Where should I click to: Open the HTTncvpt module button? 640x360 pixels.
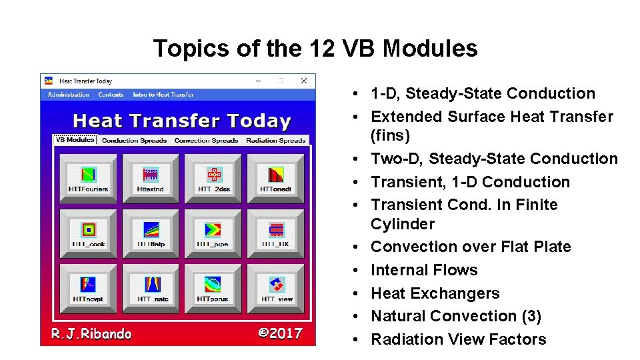pyautogui.click(x=89, y=288)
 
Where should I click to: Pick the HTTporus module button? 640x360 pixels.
pyautogui.click(x=213, y=288)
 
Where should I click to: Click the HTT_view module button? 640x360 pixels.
pyautogui.click(x=275, y=288)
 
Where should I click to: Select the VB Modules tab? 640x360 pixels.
pyautogui.click(x=75, y=140)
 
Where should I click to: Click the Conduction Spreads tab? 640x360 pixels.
pyautogui.click(x=135, y=141)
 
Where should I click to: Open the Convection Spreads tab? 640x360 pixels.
pyautogui.click(x=206, y=141)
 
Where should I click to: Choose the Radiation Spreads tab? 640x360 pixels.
pyautogui.click(x=276, y=141)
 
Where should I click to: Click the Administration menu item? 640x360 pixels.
pyautogui.click(x=69, y=95)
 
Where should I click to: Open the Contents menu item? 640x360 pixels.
pyautogui.click(x=111, y=95)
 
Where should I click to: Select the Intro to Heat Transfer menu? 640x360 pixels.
pyautogui.click(x=163, y=95)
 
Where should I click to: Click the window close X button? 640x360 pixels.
pyautogui.click(x=304, y=81)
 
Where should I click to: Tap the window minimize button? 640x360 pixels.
pyautogui.click(x=259, y=81)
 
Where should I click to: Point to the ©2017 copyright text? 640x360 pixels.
pyautogui.click(x=280, y=333)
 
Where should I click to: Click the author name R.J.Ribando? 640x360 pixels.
pyautogui.click(x=91, y=333)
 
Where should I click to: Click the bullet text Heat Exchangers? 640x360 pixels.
pyautogui.click(x=435, y=293)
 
